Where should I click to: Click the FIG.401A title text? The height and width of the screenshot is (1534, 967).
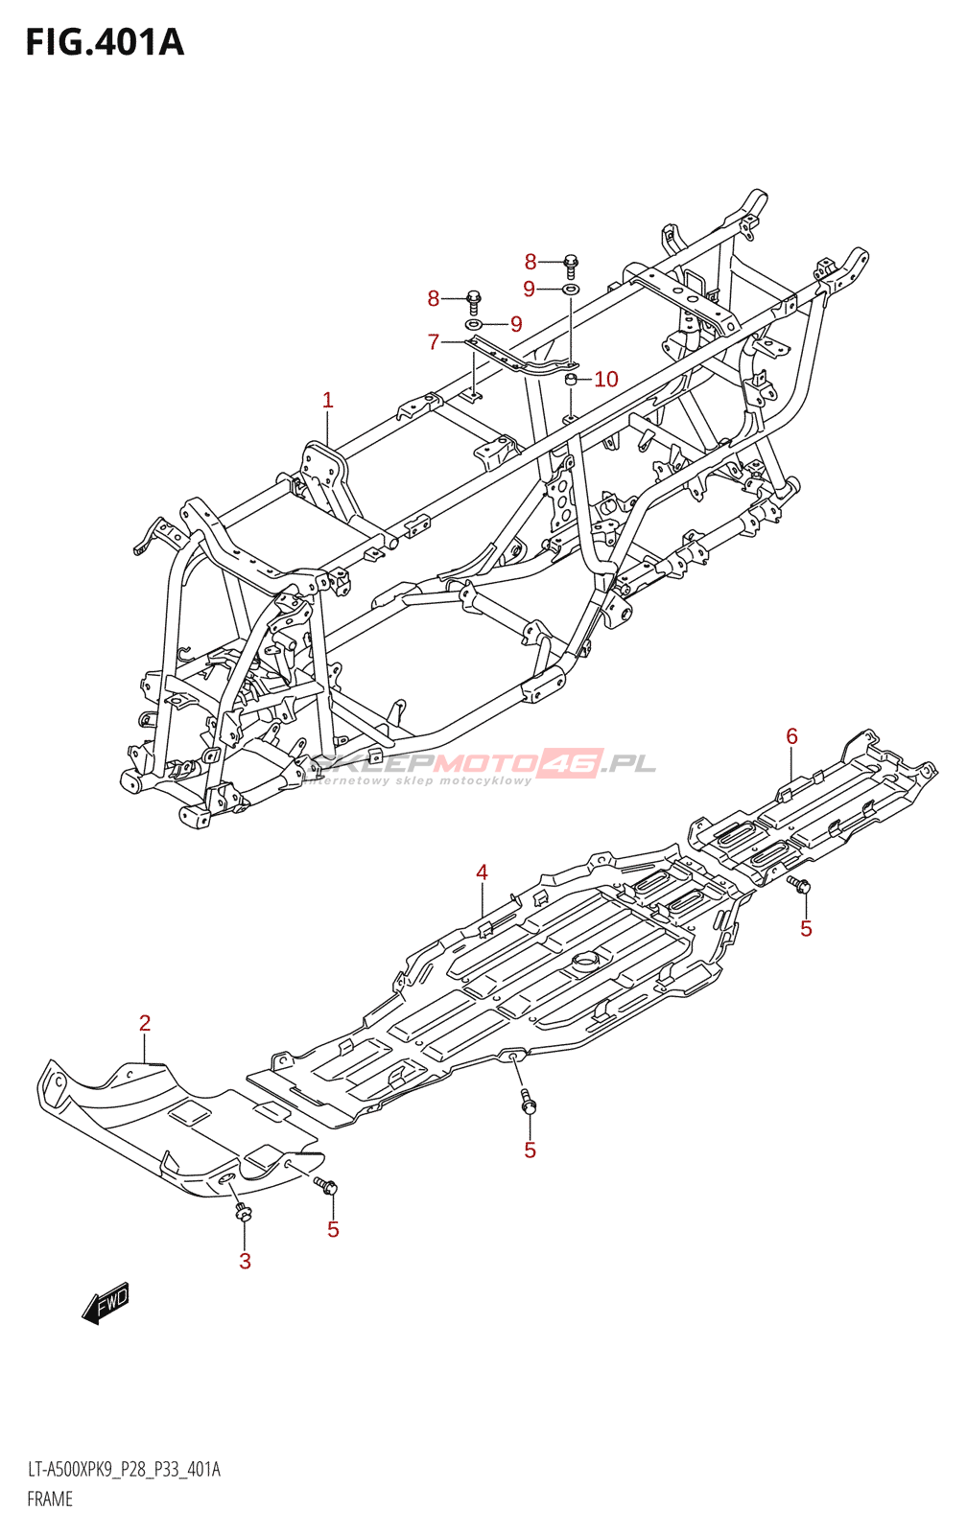pyautogui.click(x=105, y=43)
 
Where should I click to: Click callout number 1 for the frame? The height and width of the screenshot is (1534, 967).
pyautogui.click(x=328, y=400)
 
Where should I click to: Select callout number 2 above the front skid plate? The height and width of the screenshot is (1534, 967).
pyautogui.click(x=145, y=1023)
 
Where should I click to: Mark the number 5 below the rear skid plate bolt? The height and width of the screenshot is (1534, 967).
pyautogui.click(x=806, y=928)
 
